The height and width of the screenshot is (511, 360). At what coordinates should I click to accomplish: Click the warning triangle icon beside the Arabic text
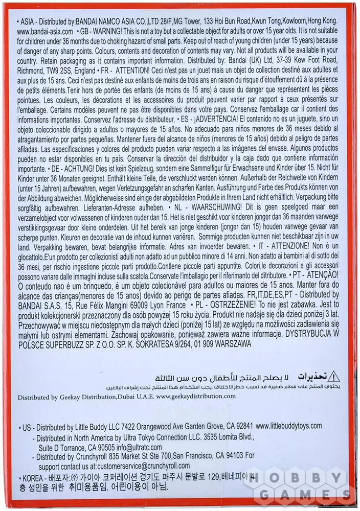click(333, 377)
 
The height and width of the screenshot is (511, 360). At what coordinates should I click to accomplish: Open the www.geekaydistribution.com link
click(196, 396)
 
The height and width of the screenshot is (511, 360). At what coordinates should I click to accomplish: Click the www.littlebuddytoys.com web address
click(288, 426)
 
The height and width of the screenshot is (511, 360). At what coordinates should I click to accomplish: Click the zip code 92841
click(242, 426)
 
